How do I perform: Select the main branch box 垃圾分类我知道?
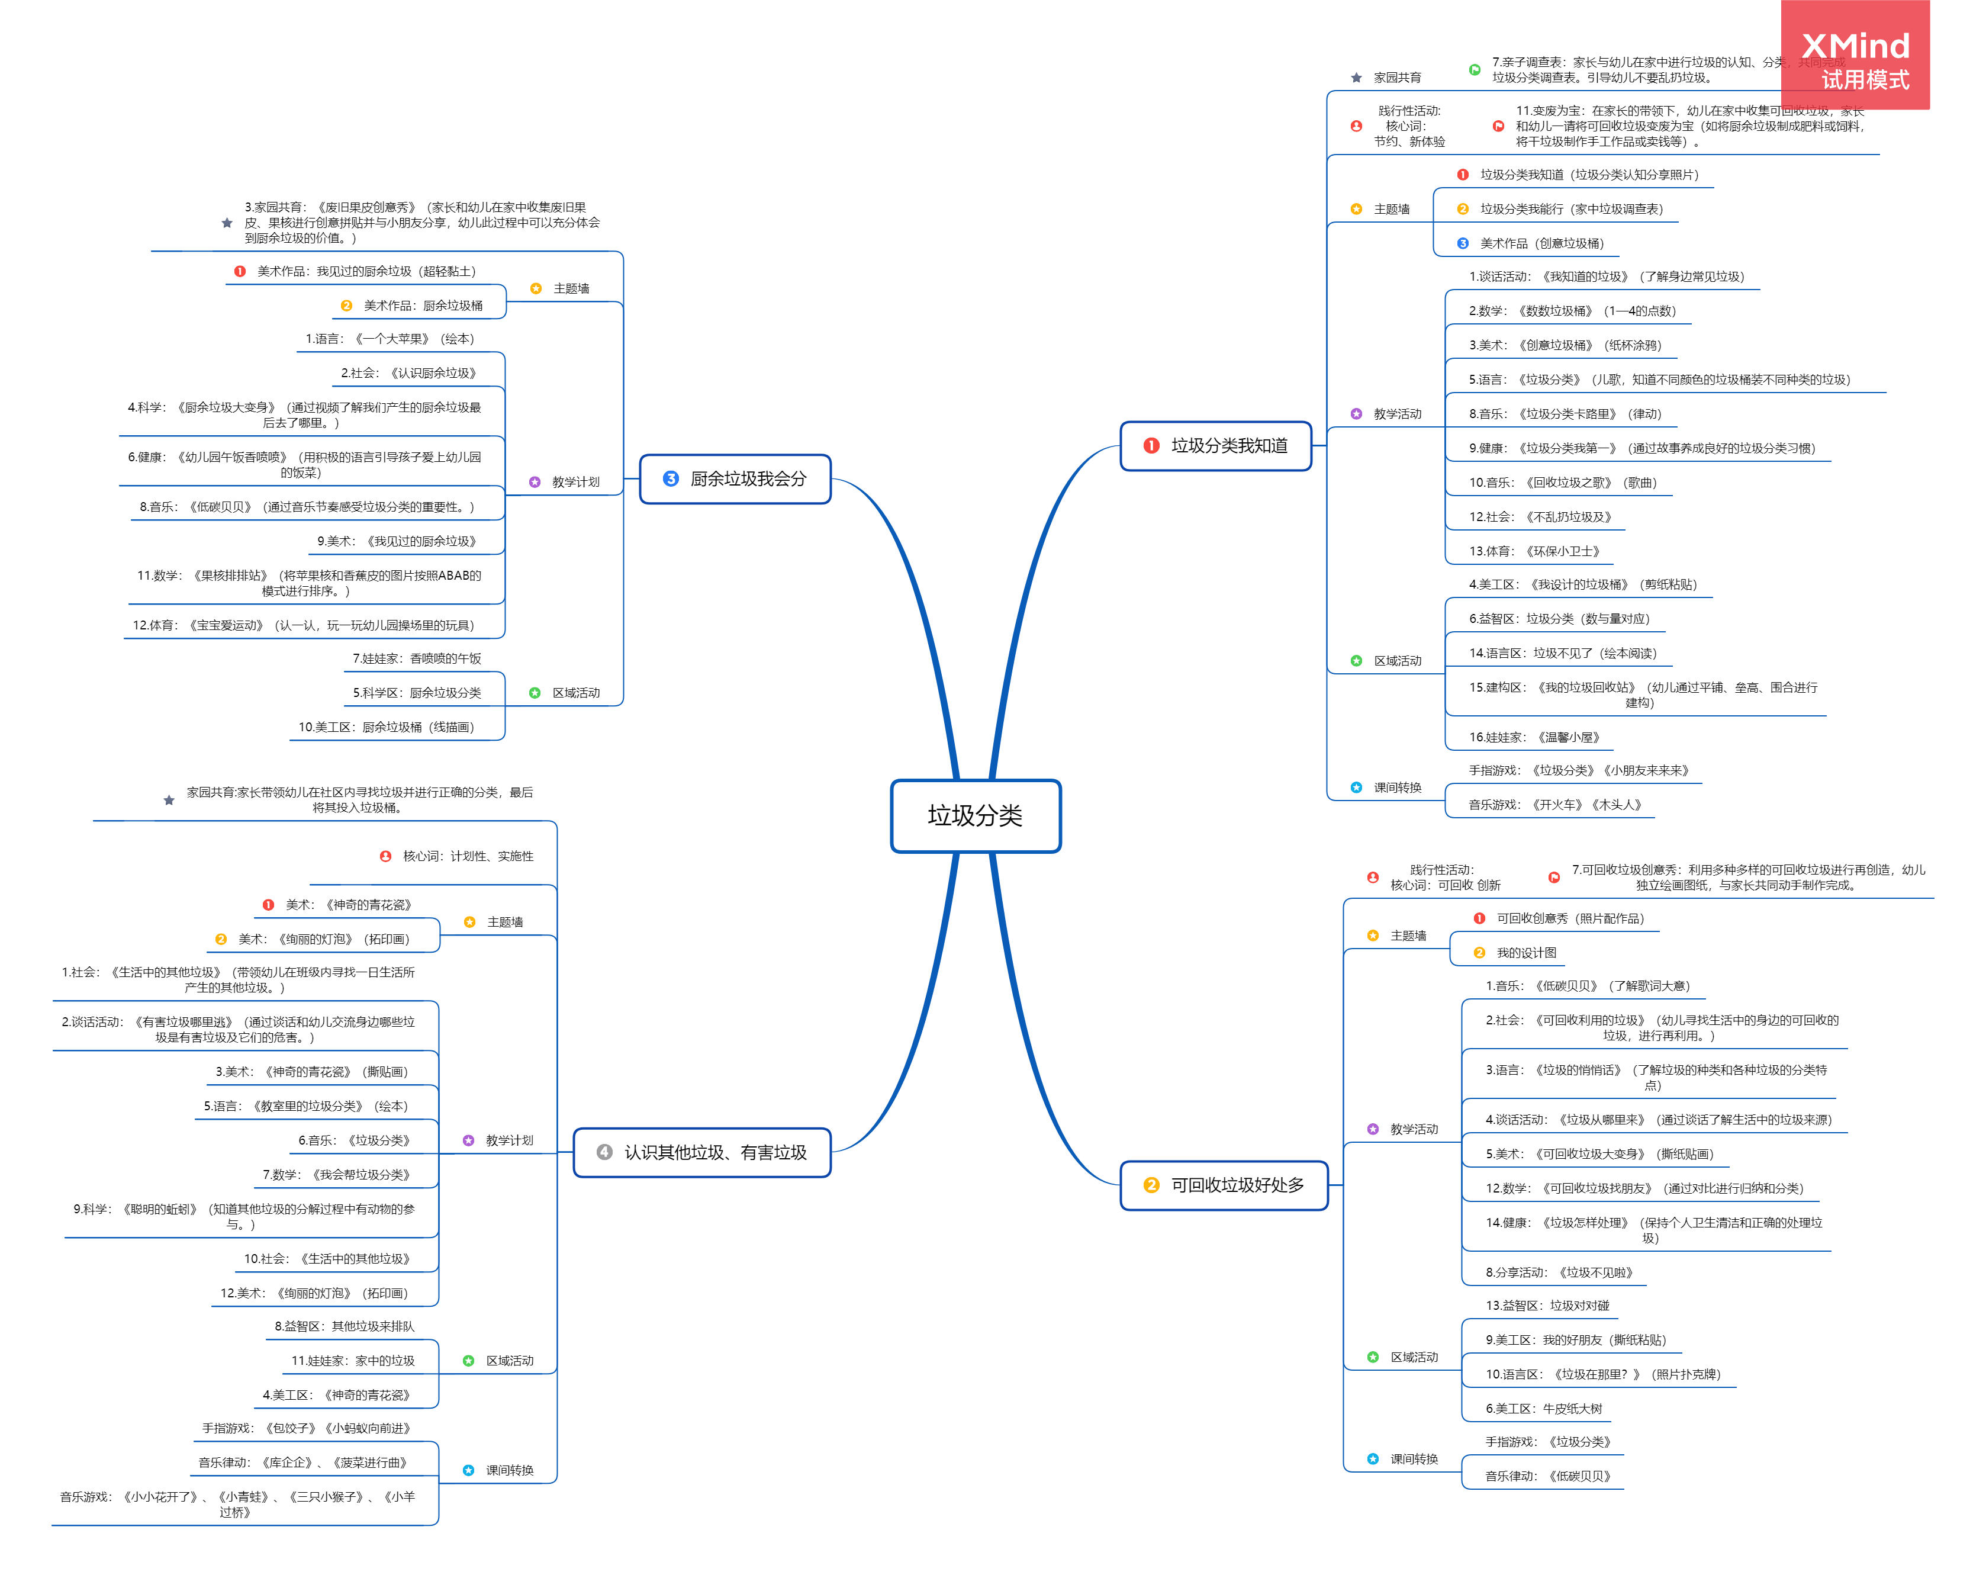[1215, 446]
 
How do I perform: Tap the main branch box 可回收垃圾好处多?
[1224, 1185]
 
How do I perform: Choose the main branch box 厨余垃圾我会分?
[735, 479]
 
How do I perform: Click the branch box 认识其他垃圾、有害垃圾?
[702, 1152]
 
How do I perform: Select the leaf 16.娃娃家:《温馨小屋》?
[1534, 737]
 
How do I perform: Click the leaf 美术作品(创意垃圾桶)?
[1541, 243]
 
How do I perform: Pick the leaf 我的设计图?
[1525, 953]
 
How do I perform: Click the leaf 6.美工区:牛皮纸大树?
[1543, 1409]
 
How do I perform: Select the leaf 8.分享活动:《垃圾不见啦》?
[1559, 1272]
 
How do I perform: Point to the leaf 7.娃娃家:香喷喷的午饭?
[416, 658]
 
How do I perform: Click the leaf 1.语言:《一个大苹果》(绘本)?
[390, 339]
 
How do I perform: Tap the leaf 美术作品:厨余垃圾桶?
[423, 306]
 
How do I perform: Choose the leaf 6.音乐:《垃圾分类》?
[354, 1140]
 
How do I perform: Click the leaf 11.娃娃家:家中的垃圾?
[353, 1361]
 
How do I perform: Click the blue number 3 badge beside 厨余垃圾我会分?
[671, 479]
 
